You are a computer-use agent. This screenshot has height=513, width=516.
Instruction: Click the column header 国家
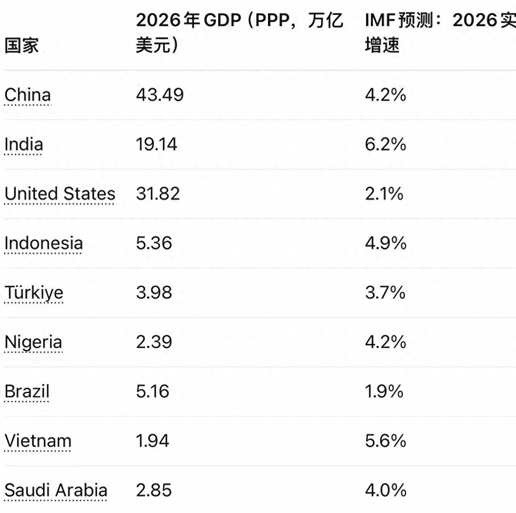coord(22,45)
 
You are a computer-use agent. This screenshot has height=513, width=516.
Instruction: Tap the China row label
coord(28,95)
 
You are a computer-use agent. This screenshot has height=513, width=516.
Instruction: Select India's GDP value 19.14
coord(156,144)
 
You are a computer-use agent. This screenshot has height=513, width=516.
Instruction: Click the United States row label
coord(60,194)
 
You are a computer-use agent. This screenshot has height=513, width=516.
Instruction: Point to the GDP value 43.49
coord(160,95)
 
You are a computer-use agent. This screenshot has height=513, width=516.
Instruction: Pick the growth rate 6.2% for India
coord(385,144)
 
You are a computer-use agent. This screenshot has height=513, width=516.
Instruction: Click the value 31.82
coord(158,194)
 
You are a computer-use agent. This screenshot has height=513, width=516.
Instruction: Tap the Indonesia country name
coord(44,243)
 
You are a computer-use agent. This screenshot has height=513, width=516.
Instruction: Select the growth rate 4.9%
coord(385,243)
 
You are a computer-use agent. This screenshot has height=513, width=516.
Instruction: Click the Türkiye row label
coord(34,293)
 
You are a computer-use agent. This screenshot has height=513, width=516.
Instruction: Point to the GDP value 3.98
coord(154,293)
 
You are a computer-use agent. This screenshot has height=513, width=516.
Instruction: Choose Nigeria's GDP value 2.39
coord(154,342)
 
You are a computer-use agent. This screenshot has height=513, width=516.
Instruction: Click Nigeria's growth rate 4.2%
coord(385,342)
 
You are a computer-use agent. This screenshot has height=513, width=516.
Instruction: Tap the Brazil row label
coord(27,392)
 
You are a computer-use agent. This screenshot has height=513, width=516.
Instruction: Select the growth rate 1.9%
coord(384,392)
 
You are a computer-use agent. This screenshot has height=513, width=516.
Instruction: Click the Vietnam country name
coord(38,441)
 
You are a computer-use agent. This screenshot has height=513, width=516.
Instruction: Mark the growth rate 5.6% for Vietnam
coord(385,441)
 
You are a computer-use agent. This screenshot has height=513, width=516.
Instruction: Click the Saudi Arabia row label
coord(56,490)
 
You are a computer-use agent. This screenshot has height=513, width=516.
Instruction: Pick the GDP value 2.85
coord(154,490)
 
